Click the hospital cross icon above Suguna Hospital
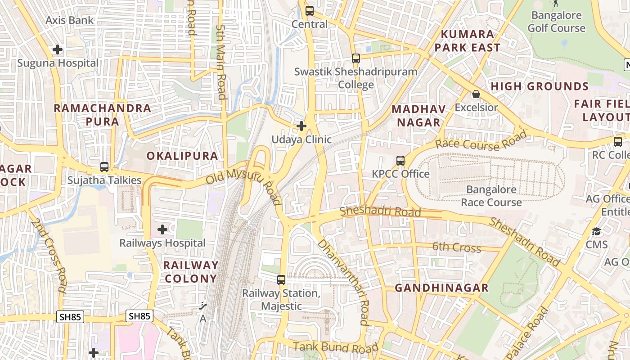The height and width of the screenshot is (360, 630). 58,49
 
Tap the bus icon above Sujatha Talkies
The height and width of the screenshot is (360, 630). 104,167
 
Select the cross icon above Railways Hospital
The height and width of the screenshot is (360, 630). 162,230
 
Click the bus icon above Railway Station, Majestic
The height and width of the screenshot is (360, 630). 281,280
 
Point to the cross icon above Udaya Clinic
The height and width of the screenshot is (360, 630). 301,126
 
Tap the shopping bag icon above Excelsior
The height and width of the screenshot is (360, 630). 476,94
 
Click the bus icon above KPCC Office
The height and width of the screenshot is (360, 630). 400,161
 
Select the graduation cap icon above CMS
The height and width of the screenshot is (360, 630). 597,232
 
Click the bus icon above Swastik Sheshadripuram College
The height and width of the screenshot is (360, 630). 356,58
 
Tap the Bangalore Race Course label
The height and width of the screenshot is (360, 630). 491,196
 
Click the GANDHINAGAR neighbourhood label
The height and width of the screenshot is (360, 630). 441,288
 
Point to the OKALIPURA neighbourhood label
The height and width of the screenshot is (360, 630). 182,156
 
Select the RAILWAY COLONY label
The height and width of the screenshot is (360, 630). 191,272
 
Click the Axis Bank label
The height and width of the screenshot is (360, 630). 70,20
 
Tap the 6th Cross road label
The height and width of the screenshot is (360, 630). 456,247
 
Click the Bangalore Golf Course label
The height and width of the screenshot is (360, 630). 557,22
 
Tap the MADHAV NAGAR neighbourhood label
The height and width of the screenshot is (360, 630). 418,116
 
